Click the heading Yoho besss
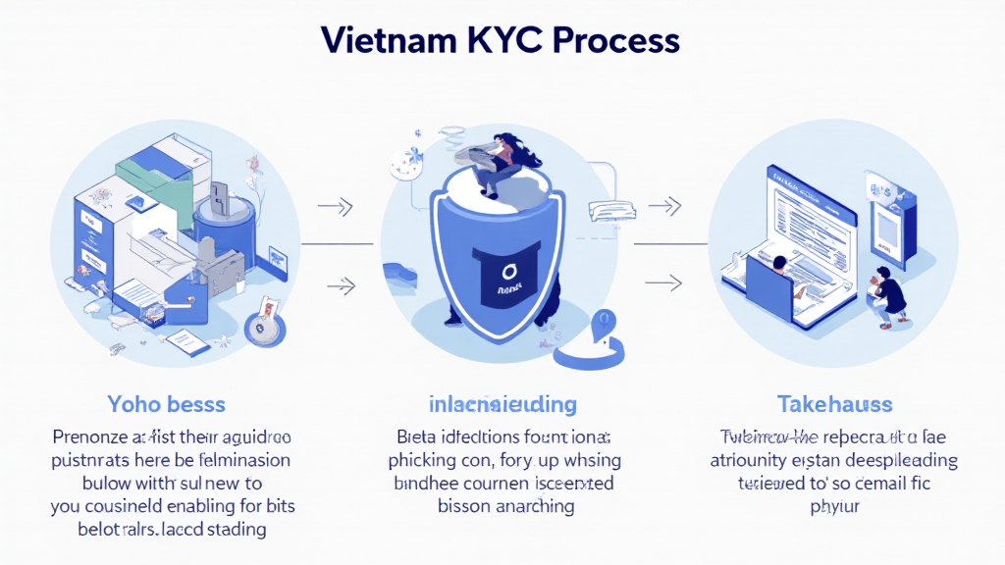[166, 403]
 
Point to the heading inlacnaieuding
[502, 403]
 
